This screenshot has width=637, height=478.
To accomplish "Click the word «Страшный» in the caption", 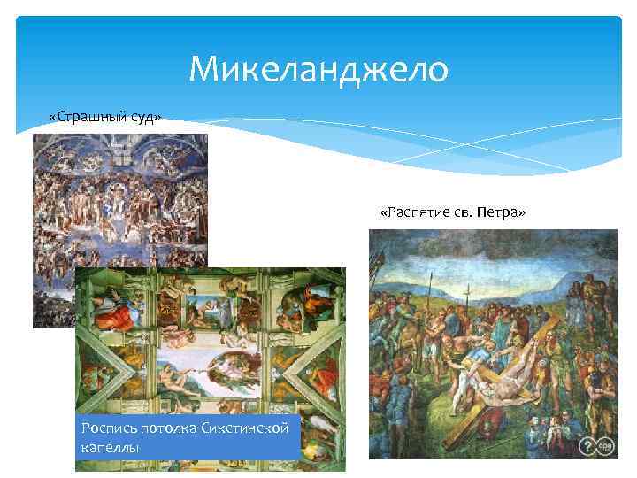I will point(88,118).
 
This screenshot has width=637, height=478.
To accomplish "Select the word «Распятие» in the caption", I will point(431,213).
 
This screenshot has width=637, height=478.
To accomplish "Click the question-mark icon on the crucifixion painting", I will point(590,447).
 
